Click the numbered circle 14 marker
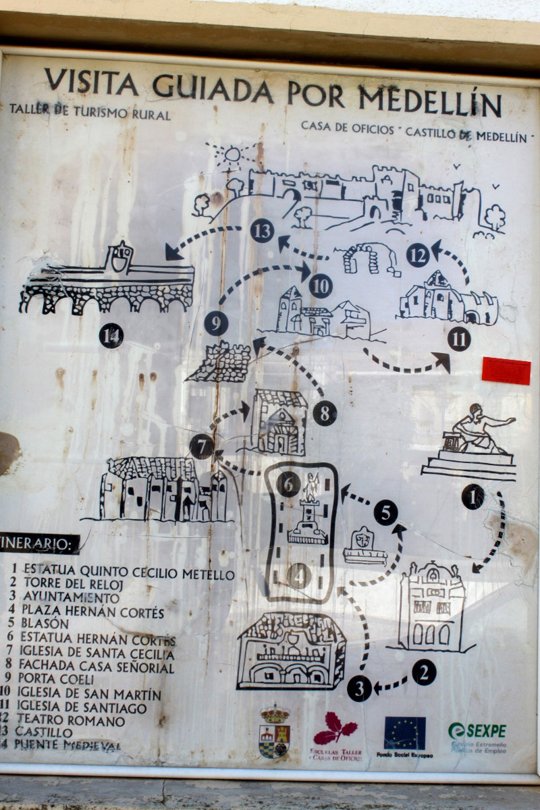coord(111,335)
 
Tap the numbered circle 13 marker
coord(262,231)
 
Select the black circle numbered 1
coord(473,497)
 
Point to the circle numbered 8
coord(325,413)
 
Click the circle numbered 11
coord(459,339)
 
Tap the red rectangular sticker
coord(506,371)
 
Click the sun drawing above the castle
coord(232,155)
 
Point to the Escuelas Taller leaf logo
coord(335,730)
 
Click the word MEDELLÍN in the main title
coord(430,102)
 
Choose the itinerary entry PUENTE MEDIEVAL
coord(67,745)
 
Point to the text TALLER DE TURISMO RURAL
coord(90,113)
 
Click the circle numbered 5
coord(385,513)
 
